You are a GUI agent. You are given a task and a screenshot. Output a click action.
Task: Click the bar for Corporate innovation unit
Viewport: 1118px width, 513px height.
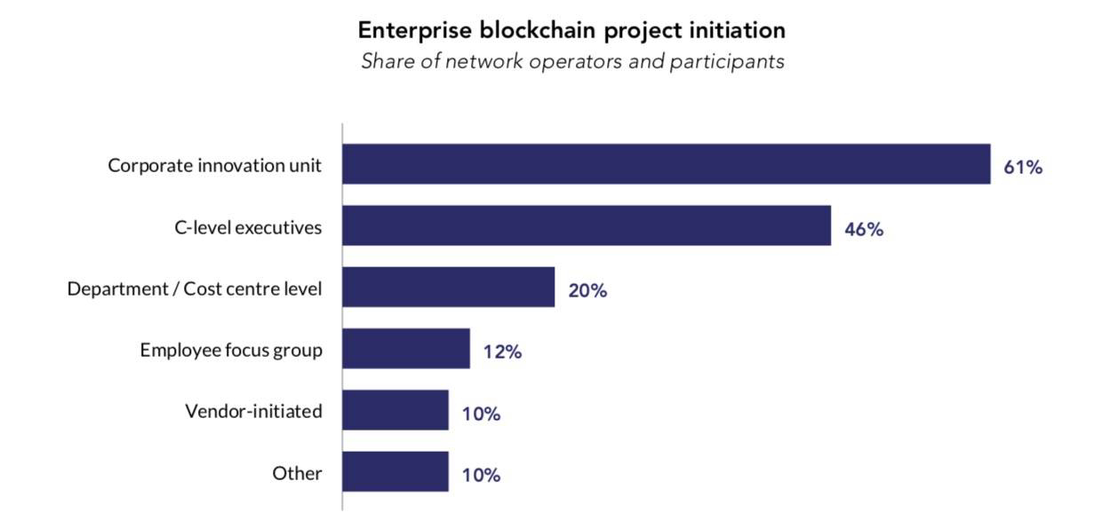[x=667, y=164]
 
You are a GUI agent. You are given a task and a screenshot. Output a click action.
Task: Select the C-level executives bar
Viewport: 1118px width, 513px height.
[x=587, y=225]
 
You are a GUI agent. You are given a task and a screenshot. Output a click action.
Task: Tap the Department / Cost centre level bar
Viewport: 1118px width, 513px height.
[x=449, y=287]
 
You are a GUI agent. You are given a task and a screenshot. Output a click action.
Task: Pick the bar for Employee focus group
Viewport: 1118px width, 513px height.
[x=406, y=349]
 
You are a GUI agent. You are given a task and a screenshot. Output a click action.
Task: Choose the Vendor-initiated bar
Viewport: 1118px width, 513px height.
[x=395, y=410]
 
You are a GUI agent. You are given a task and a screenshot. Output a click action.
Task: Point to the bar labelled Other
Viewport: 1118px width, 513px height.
[x=395, y=471]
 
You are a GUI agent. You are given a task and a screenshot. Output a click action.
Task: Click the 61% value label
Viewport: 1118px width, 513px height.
[x=1023, y=166]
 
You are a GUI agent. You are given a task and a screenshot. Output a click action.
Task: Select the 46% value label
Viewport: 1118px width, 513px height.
[x=864, y=228]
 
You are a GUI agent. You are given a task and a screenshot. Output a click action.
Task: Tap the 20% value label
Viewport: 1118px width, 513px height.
[x=587, y=289]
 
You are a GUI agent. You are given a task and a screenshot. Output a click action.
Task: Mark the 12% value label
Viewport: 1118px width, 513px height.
[x=502, y=351]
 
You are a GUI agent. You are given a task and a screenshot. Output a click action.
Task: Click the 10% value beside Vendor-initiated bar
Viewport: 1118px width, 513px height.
[x=481, y=413]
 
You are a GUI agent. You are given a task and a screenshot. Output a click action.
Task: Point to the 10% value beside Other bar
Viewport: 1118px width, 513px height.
[x=481, y=475]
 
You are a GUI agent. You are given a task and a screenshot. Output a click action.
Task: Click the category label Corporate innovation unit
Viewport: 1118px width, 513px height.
[x=215, y=165]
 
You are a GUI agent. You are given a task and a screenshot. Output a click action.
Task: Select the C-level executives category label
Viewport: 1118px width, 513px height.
[x=248, y=226]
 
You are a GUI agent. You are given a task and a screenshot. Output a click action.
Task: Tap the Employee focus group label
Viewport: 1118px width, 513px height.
[x=231, y=350]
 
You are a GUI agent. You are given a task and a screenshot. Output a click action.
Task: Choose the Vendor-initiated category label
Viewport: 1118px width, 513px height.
[x=253, y=411]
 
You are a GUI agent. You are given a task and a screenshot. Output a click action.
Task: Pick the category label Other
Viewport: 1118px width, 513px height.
[x=297, y=472]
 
